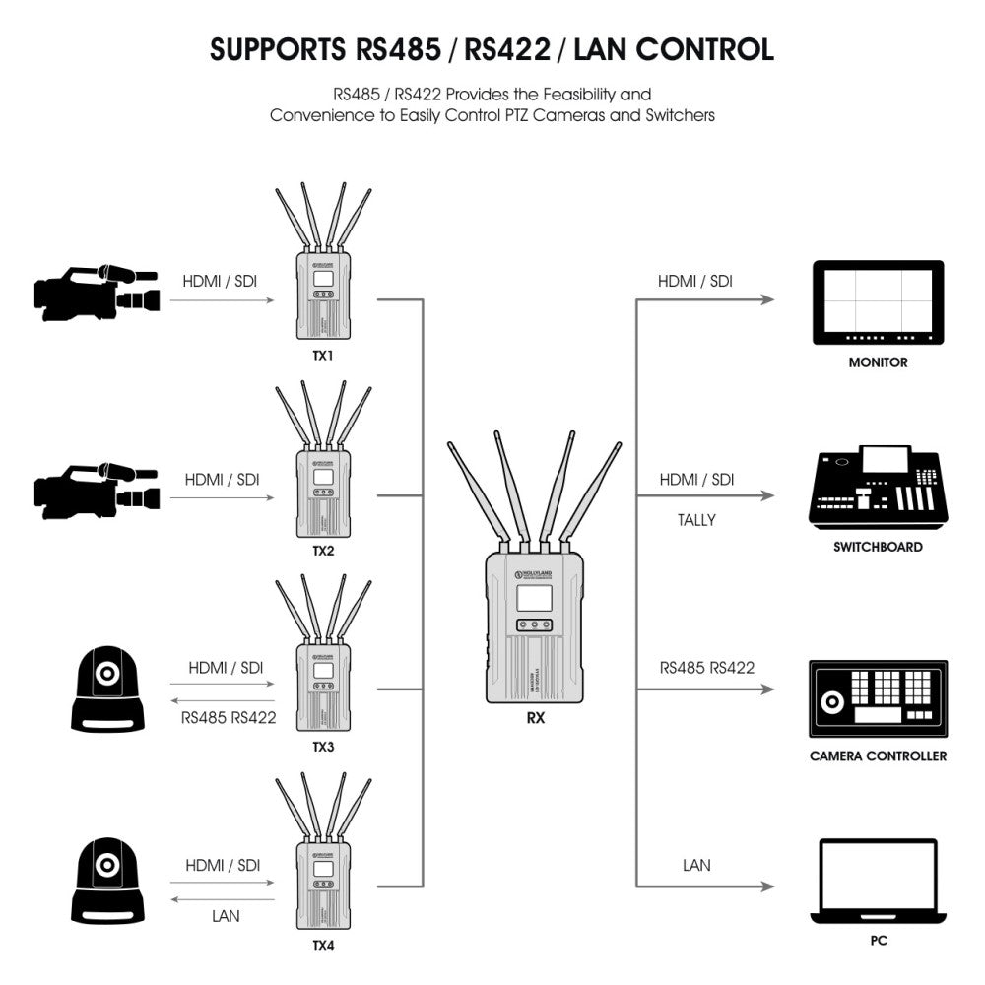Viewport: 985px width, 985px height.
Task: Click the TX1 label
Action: pos(323,355)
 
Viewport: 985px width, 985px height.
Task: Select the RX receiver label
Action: pos(536,718)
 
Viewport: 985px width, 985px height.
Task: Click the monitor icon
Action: pos(878,301)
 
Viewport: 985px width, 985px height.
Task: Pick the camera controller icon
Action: pos(878,698)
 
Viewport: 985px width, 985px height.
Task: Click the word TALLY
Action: pos(696,520)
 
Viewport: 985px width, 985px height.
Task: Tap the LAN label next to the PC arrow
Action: pos(696,865)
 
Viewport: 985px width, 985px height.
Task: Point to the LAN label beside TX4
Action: pos(226,915)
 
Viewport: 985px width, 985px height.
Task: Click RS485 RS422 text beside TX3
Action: pos(228,717)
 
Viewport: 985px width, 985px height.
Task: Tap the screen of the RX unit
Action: pos(534,600)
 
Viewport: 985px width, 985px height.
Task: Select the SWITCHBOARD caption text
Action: pos(878,547)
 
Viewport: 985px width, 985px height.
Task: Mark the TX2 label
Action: pos(323,551)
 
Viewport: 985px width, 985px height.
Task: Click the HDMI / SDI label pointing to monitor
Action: pos(695,281)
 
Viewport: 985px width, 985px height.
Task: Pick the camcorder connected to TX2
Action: pos(96,488)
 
